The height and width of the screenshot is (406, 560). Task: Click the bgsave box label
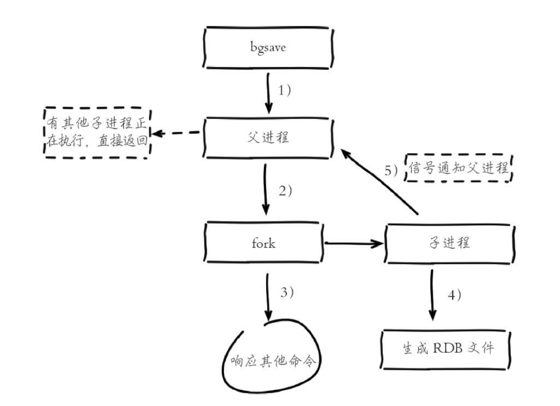pos(268,47)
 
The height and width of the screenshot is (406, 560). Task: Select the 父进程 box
pos(268,138)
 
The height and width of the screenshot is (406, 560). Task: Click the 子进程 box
pos(450,243)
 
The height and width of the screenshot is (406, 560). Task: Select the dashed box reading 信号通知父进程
pos(459,168)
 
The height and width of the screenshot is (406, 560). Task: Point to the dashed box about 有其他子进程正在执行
pos(97,133)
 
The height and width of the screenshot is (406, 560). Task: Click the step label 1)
pos(284,90)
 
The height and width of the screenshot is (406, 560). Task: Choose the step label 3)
pos(287,293)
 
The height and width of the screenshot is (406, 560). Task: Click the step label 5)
pos(391,171)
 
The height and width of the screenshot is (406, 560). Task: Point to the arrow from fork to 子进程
pos(353,243)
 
